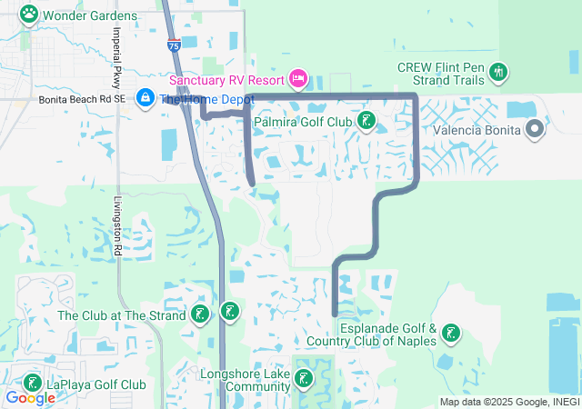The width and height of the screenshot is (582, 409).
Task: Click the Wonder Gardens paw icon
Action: pos(29,15)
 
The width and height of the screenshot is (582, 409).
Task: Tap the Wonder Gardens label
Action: pos(90,15)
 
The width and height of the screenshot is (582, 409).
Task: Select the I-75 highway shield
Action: pos(174,44)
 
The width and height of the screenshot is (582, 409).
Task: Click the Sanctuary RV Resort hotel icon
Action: pos(297,79)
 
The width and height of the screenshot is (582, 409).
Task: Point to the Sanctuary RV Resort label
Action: pos(226,80)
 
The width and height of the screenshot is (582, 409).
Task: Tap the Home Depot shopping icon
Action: pos(145,97)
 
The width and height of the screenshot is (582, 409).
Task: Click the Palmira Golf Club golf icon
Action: pos(366,121)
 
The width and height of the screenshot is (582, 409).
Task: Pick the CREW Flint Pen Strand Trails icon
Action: pos(497,72)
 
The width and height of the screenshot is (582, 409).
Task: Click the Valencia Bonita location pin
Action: pos(535,130)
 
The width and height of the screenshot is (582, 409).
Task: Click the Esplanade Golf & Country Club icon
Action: pos(449,335)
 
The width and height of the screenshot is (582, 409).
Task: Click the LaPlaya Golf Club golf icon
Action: pos(32,384)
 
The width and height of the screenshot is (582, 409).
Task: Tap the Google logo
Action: pos(30,398)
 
